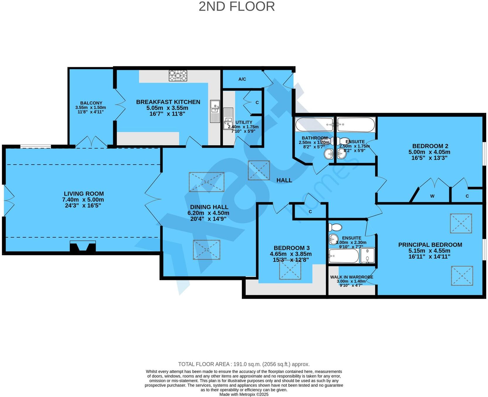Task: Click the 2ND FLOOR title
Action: [x=237, y=6]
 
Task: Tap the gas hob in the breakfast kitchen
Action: [x=178, y=76]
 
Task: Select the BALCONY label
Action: [x=91, y=103]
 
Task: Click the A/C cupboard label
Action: [x=242, y=79]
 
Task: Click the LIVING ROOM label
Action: [x=84, y=194]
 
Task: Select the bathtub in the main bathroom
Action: [x=314, y=125]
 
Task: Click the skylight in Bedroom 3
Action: [x=290, y=269]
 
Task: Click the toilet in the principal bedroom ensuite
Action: [x=335, y=227]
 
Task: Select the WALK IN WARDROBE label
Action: [x=352, y=277]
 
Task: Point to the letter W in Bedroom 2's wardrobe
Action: [x=432, y=196]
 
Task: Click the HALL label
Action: [x=284, y=180]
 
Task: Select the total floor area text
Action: [x=244, y=364]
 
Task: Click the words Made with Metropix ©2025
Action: [x=244, y=394]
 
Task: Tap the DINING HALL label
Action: [x=209, y=207]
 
